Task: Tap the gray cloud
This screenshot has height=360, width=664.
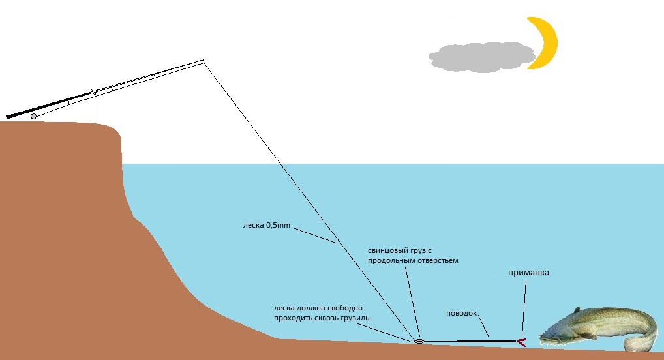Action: [479, 57]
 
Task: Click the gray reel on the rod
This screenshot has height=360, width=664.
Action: [33, 116]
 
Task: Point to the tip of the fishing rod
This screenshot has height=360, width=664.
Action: [204, 61]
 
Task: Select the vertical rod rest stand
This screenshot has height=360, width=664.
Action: [95, 108]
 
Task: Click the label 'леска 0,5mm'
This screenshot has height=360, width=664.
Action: [264, 226]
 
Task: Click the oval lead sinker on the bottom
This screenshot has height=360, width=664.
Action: [419, 340]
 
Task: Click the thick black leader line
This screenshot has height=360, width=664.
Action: [486, 341]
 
